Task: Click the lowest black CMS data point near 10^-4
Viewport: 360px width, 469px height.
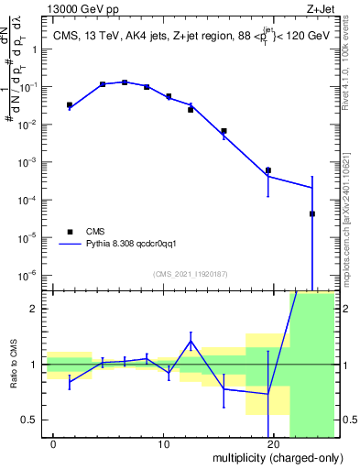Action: click(312, 213)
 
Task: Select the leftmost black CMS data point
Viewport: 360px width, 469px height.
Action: click(70, 105)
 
